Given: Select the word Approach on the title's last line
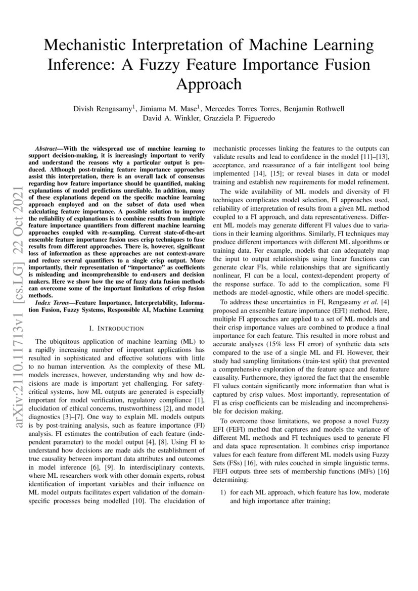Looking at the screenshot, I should point(209,83).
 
